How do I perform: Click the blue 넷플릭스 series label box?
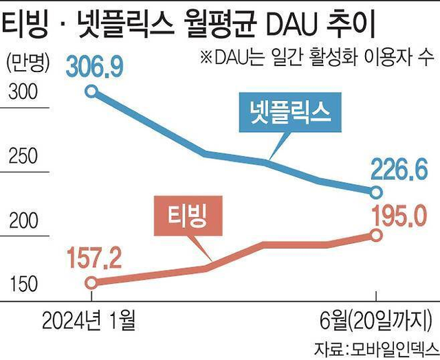[291, 111]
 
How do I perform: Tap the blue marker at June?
[376, 191]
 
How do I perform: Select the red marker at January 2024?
[92, 282]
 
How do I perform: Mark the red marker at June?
[376, 235]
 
